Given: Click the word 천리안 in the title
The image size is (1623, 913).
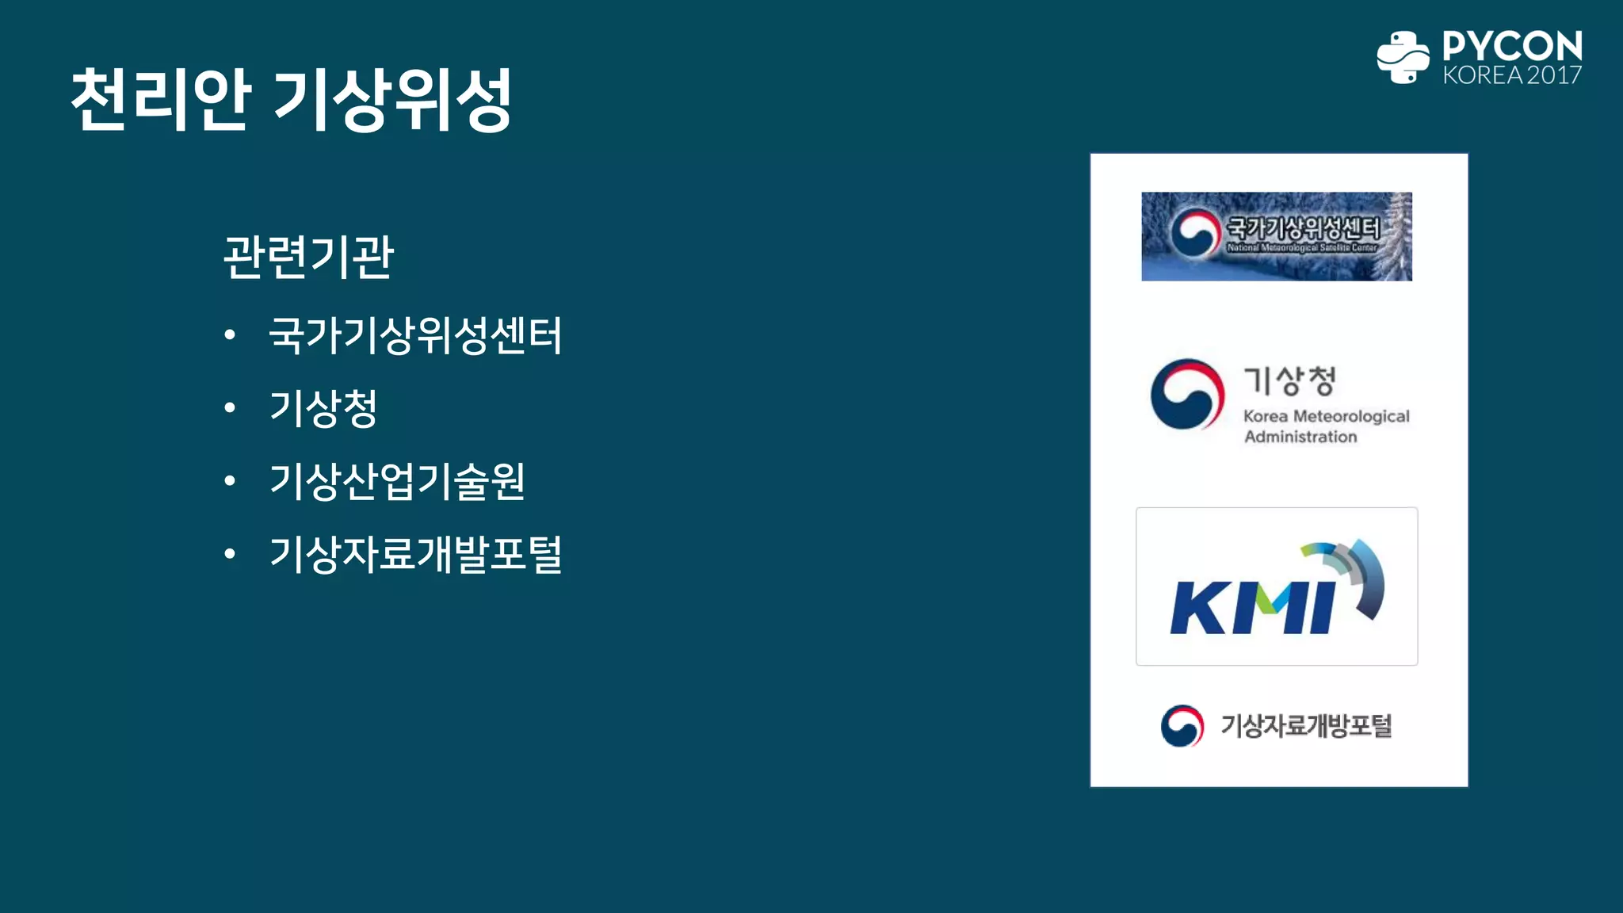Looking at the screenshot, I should coord(161,99).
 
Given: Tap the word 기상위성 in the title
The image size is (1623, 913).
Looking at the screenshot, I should coord(393,99).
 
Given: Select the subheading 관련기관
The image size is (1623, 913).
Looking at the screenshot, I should coord(308,257).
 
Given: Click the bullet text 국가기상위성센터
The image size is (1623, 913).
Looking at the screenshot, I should coord(415,334).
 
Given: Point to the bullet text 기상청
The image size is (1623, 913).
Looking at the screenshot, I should coord(323,408).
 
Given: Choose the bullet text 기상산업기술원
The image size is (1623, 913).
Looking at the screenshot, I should coord(397,481).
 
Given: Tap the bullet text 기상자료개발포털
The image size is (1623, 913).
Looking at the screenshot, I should coord(415,554).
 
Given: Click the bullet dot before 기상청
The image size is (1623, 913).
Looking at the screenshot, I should coord(230,408).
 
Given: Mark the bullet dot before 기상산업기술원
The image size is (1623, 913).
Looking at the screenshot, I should coord(230,481).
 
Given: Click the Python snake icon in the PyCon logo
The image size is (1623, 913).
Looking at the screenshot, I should coord(1403,57).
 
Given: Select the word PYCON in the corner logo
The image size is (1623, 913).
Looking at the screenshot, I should coord(1512,46).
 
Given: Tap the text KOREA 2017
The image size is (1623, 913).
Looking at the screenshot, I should coord(1512,75).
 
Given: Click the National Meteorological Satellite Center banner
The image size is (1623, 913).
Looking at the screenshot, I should coord(1276,236).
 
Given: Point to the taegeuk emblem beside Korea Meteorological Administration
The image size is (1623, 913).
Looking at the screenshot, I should coord(1187,395).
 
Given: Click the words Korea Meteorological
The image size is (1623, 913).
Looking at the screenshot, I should coord(1326,416).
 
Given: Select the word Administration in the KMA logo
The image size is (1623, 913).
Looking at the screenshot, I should coord(1300,437).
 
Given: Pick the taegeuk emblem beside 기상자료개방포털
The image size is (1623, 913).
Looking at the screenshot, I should coord(1182,726).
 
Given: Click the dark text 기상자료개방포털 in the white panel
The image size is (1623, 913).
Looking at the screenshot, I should coord(1306,726).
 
